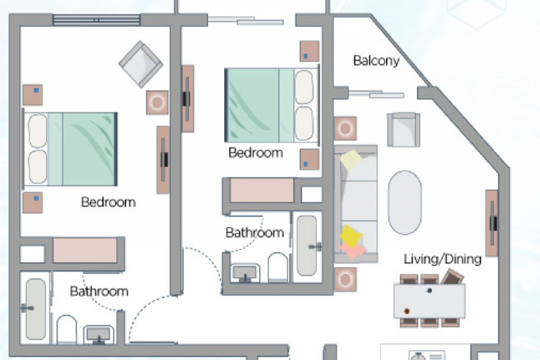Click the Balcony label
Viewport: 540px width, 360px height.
(376, 61)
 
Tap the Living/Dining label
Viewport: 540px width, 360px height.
(442, 259)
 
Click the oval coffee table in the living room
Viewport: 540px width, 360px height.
(404, 203)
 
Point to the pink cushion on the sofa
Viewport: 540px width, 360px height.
(352, 250)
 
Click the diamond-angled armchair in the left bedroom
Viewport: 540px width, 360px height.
(141, 64)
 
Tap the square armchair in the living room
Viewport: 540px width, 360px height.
(403, 130)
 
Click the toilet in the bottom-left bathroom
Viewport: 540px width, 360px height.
(66, 330)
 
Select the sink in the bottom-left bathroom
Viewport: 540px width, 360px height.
(99, 334)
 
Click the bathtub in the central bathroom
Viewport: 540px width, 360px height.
(307, 245)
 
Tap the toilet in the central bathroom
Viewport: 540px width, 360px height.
(277, 267)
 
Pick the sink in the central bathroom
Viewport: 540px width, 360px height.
(245, 273)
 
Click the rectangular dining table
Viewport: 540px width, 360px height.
(429, 301)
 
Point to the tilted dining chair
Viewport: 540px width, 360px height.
(452, 277)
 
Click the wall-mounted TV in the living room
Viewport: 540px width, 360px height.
(492, 224)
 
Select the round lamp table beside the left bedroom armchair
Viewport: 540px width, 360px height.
(157, 102)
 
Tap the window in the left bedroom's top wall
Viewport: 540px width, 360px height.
(97, 20)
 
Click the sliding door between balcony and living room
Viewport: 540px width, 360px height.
(376, 94)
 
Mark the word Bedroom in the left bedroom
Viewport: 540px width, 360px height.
(109, 202)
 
